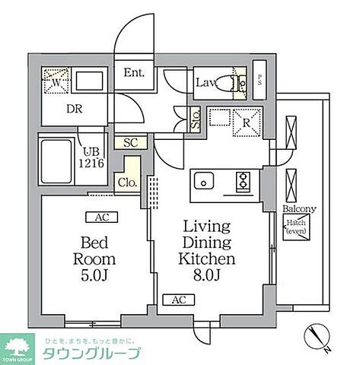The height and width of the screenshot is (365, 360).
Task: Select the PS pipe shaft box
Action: point(260,80)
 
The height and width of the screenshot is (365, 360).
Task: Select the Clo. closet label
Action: point(126,182)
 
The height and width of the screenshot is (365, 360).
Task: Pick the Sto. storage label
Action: point(195,118)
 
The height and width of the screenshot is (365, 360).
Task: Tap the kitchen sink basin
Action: point(204,181)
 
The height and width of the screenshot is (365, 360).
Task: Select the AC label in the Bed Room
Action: point(100,217)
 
